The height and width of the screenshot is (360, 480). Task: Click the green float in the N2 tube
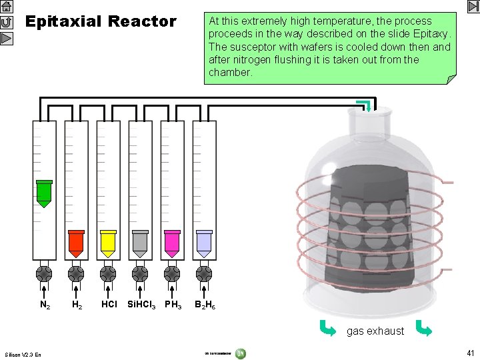click(44, 193)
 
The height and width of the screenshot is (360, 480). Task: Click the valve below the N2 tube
click(44, 274)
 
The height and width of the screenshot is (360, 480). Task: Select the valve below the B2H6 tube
click(204, 274)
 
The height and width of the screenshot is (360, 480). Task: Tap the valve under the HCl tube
click(108, 274)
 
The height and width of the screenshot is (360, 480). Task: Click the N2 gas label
click(45, 305)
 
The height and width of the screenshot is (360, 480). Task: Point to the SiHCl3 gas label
click(141, 305)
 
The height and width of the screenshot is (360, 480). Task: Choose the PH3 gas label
click(173, 305)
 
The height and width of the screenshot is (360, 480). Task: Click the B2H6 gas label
click(205, 305)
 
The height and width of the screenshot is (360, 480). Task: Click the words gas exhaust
click(375, 331)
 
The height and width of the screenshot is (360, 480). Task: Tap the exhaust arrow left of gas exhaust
click(327, 328)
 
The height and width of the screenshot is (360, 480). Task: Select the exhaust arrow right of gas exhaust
click(423, 328)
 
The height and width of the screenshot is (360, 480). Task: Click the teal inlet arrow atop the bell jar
click(363, 105)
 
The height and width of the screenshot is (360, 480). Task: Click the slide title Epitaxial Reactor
click(101, 22)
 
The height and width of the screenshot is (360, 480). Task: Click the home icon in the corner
click(7, 7)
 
